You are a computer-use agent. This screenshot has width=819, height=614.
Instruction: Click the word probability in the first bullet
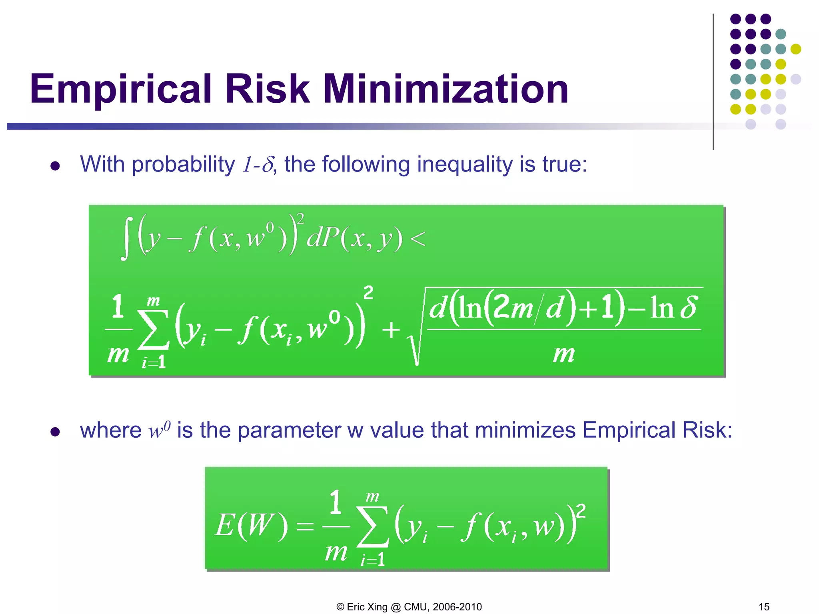(183, 165)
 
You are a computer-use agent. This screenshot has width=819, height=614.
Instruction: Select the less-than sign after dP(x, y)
(417, 239)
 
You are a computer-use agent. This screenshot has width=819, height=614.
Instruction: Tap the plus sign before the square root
(391, 330)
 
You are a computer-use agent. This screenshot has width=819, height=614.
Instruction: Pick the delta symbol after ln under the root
(689, 307)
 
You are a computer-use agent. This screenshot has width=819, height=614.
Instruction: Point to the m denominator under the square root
(564, 354)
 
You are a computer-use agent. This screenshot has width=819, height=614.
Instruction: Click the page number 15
(764, 606)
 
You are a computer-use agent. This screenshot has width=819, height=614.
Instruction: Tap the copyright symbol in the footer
(340, 607)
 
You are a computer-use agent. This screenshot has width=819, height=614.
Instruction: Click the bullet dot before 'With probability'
(55, 166)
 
